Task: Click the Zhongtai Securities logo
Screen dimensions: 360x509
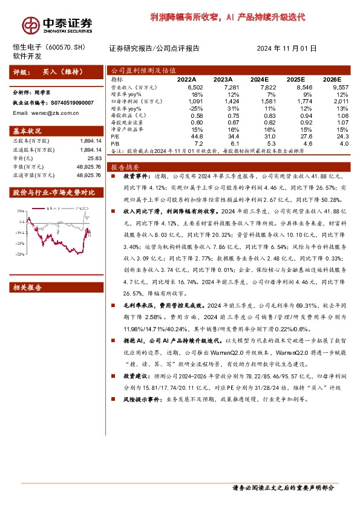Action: point(57,24)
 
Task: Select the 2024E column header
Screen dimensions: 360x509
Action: point(259,79)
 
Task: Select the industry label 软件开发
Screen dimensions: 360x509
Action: point(27,56)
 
